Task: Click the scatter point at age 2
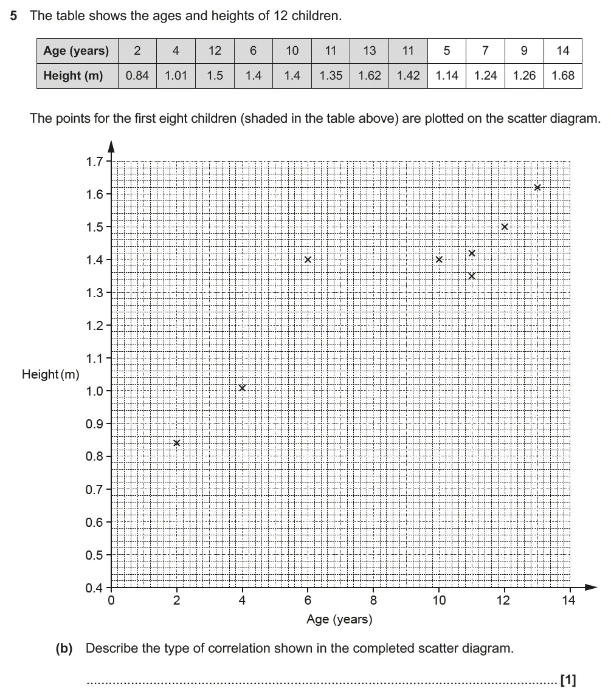pos(176,443)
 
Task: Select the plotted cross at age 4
pos(242,388)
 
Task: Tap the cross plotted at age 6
pos(308,259)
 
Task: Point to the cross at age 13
pos(537,187)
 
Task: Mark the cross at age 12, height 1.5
pos(505,227)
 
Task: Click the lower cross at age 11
pos(472,276)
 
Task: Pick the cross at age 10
pos(439,259)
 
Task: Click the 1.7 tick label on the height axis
pos(95,162)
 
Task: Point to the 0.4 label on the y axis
pos(95,588)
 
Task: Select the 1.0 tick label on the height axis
pos(95,391)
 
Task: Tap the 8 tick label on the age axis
pos(373,601)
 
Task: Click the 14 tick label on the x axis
pos(570,601)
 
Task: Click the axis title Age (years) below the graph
pos(339,620)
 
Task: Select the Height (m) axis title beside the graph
pos(50,374)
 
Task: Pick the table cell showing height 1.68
pos(562,76)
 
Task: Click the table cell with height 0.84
pos(137,76)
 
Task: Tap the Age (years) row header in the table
pos(77,51)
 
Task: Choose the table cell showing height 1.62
pos(369,76)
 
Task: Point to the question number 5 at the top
pos(13,16)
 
